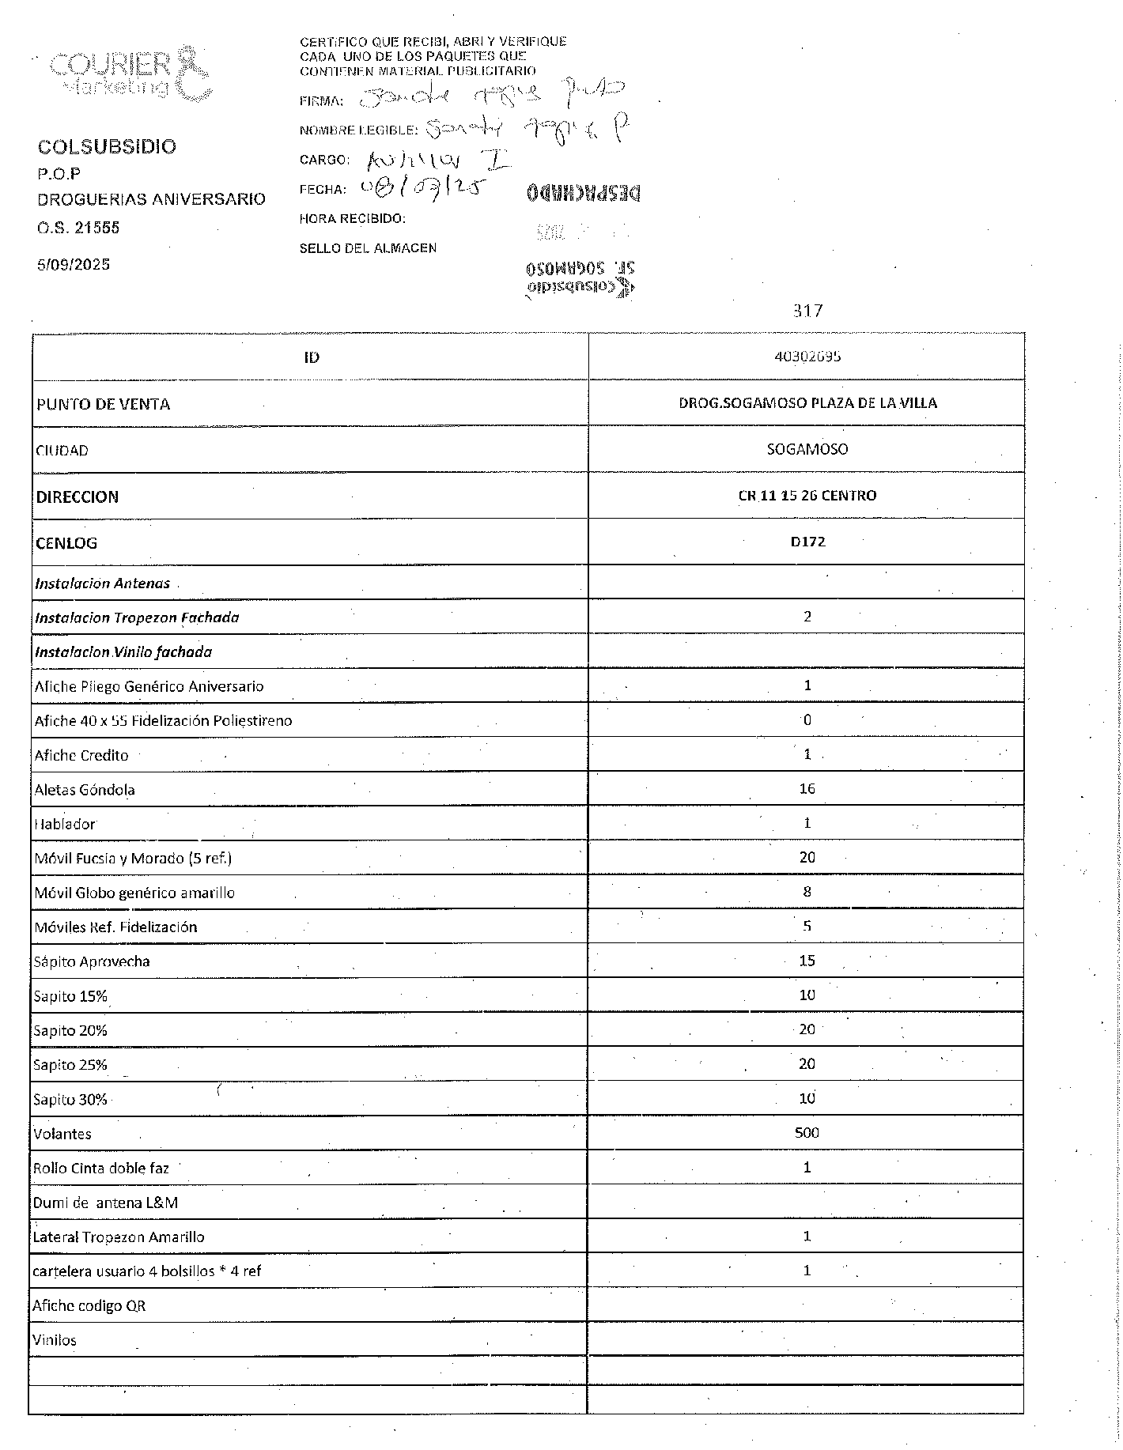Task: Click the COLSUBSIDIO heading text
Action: (x=107, y=146)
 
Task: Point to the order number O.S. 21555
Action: (x=78, y=228)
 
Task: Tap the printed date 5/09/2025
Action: (x=74, y=264)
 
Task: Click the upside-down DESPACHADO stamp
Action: (x=583, y=192)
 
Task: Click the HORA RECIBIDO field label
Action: (x=352, y=218)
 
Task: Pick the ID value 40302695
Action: (x=807, y=356)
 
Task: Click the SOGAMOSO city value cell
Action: (x=807, y=449)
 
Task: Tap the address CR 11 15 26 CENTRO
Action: (x=807, y=496)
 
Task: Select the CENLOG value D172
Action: (x=807, y=542)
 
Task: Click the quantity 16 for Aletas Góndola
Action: (x=807, y=788)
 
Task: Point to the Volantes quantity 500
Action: (x=807, y=1132)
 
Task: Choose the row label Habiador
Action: (x=65, y=824)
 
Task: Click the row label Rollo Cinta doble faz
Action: (x=100, y=1168)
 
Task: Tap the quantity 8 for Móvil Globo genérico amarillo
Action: (x=807, y=891)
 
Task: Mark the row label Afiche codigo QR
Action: (x=89, y=1305)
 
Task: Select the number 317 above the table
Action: (x=807, y=311)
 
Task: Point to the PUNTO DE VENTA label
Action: (x=103, y=404)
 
